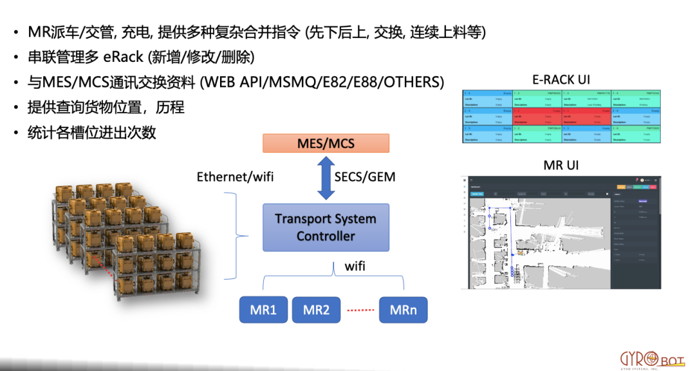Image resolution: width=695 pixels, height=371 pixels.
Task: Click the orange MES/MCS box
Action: (x=326, y=143)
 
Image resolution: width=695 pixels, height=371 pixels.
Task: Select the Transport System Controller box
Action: (x=326, y=227)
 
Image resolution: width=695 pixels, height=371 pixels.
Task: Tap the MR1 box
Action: (x=263, y=310)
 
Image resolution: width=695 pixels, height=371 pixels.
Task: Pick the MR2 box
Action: (x=316, y=310)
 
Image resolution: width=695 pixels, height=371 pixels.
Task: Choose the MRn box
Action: (x=403, y=310)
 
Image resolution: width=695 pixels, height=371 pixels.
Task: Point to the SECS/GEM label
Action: (x=366, y=176)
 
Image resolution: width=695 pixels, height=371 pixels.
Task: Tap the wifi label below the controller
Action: (x=355, y=265)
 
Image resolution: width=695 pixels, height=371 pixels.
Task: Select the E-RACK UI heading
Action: (x=561, y=80)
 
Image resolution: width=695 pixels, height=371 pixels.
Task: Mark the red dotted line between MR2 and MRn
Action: (x=360, y=310)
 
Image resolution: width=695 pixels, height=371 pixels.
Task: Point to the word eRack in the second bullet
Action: (x=123, y=57)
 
